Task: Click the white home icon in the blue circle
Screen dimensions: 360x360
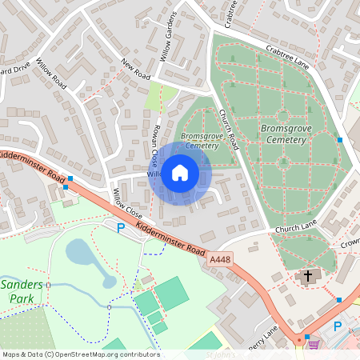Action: point(180,172)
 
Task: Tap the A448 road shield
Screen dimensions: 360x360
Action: point(221,260)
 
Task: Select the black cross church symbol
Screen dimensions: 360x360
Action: point(307,277)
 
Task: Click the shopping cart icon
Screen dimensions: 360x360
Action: point(314,345)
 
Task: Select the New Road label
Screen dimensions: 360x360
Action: point(136,68)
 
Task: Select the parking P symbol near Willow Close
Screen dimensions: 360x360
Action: point(122,228)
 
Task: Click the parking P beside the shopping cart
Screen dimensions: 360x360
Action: point(338,326)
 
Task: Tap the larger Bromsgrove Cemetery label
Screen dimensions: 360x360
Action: point(282,134)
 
